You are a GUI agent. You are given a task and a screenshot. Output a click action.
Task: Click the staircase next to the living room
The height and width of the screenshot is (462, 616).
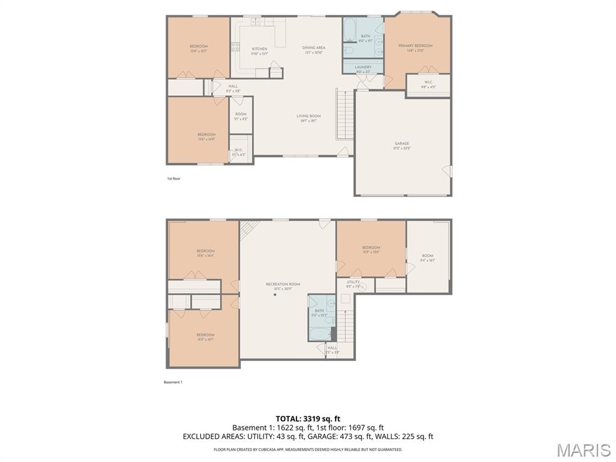(x=343, y=114)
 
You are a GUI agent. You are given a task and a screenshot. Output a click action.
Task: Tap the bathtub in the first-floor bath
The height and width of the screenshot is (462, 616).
(x=351, y=28)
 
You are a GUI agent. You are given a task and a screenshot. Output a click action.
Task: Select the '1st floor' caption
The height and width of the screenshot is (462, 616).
(x=173, y=179)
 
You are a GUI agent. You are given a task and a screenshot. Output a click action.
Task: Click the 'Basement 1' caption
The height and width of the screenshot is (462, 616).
(x=173, y=382)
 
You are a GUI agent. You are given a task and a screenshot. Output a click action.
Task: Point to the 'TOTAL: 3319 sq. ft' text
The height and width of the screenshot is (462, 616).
(x=308, y=419)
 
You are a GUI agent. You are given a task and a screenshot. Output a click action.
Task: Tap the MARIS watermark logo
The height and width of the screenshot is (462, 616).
(x=583, y=449)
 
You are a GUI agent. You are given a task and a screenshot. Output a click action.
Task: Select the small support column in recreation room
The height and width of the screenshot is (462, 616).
(x=275, y=295)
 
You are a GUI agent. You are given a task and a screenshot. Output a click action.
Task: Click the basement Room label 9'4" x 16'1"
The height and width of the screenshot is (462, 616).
(x=427, y=257)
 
